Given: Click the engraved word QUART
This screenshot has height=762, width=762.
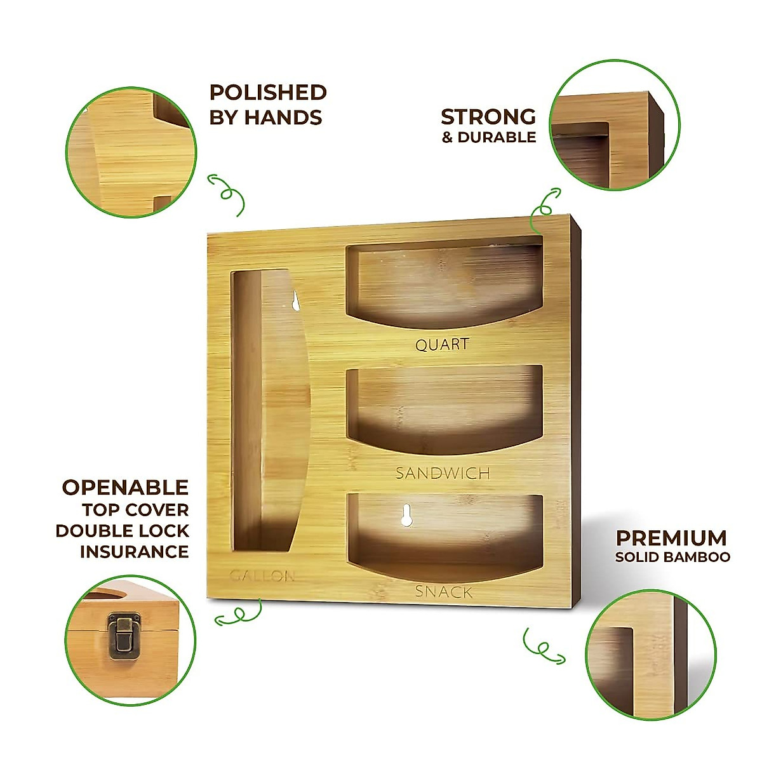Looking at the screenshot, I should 443,345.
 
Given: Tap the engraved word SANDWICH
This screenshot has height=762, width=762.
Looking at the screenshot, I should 443,473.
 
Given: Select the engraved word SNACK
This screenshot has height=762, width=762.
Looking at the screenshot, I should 444,592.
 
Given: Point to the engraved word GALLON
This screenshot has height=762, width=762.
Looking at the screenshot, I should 262,577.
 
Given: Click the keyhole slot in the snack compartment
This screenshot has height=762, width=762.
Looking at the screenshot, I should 406,515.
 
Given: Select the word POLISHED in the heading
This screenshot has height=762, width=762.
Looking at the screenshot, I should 268,93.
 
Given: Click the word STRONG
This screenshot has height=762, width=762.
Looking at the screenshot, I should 488,117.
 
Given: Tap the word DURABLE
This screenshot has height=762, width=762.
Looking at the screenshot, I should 497,137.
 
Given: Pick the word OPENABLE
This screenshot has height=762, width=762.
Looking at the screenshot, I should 125,488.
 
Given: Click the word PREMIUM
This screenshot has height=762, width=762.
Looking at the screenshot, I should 671,538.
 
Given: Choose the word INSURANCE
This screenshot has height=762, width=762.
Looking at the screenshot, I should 134,551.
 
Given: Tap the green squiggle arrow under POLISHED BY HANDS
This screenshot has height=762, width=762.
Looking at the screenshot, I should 226,192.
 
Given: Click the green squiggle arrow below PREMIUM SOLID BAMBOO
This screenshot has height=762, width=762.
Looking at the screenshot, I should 542,647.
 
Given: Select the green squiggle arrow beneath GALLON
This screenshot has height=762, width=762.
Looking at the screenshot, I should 239,613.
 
